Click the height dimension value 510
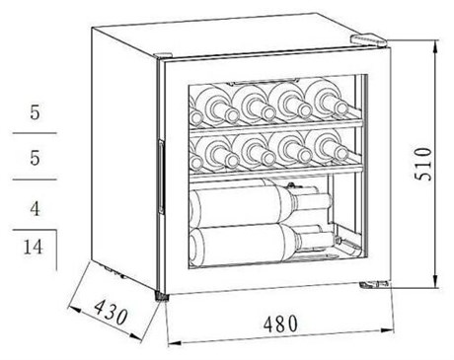(422, 164)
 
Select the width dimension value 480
(280, 324)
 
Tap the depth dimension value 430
(111, 312)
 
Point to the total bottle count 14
(33, 247)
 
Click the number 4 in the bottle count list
(35, 208)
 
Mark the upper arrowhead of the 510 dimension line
(435, 47)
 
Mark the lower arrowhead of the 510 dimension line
(435, 281)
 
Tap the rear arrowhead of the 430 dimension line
(74, 309)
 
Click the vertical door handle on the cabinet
(161, 177)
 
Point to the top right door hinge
(368, 39)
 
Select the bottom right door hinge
(374, 284)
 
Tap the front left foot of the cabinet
(161, 296)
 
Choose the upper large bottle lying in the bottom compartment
(260, 201)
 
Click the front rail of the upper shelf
(276, 126)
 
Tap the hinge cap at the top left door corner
(163, 56)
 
